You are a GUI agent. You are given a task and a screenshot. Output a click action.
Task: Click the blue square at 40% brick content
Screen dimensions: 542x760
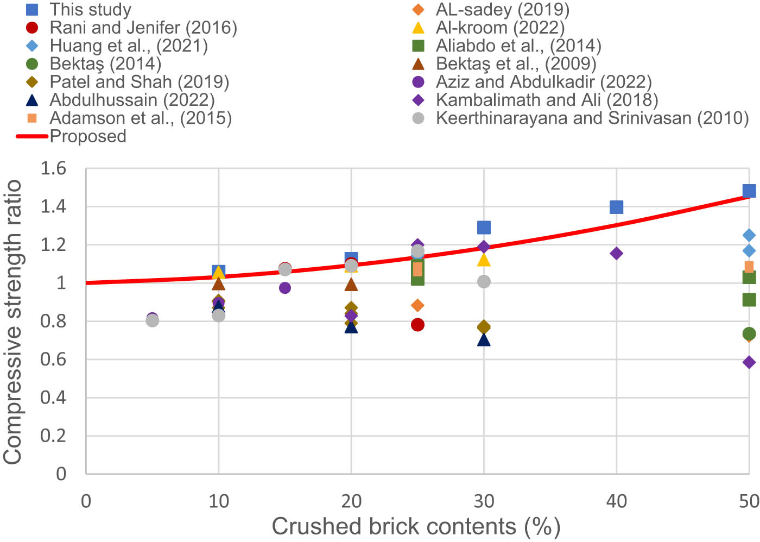[616, 207]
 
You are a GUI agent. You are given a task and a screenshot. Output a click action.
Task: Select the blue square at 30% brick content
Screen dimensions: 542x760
[484, 227]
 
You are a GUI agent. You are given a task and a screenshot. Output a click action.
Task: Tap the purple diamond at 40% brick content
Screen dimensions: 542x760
[616, 253]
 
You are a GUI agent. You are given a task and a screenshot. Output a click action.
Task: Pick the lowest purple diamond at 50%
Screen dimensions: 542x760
[749, 362]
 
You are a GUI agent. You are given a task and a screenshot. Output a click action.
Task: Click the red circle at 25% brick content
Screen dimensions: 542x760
[417, 325]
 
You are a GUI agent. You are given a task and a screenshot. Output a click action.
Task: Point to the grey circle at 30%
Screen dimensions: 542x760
[484, 281]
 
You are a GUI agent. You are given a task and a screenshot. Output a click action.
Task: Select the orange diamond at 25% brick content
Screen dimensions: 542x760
[417, 305]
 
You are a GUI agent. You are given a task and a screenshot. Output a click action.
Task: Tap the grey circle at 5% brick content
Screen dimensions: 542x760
[153, 320]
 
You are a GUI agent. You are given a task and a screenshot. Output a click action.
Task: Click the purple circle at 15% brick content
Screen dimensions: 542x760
[285, 288]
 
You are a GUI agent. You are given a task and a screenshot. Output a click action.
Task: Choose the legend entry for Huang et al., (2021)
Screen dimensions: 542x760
[128, 46]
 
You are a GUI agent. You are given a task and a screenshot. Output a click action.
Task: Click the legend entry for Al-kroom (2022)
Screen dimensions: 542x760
[499, 28]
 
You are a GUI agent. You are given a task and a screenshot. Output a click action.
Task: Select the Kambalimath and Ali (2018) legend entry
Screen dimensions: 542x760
[546, 100]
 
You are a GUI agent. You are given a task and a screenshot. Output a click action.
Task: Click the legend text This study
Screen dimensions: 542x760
[90, 9]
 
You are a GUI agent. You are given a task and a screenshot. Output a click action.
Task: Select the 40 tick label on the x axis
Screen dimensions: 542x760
[616, 501]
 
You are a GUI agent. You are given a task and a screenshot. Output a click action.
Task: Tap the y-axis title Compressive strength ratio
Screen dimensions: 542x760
[13, 322]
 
